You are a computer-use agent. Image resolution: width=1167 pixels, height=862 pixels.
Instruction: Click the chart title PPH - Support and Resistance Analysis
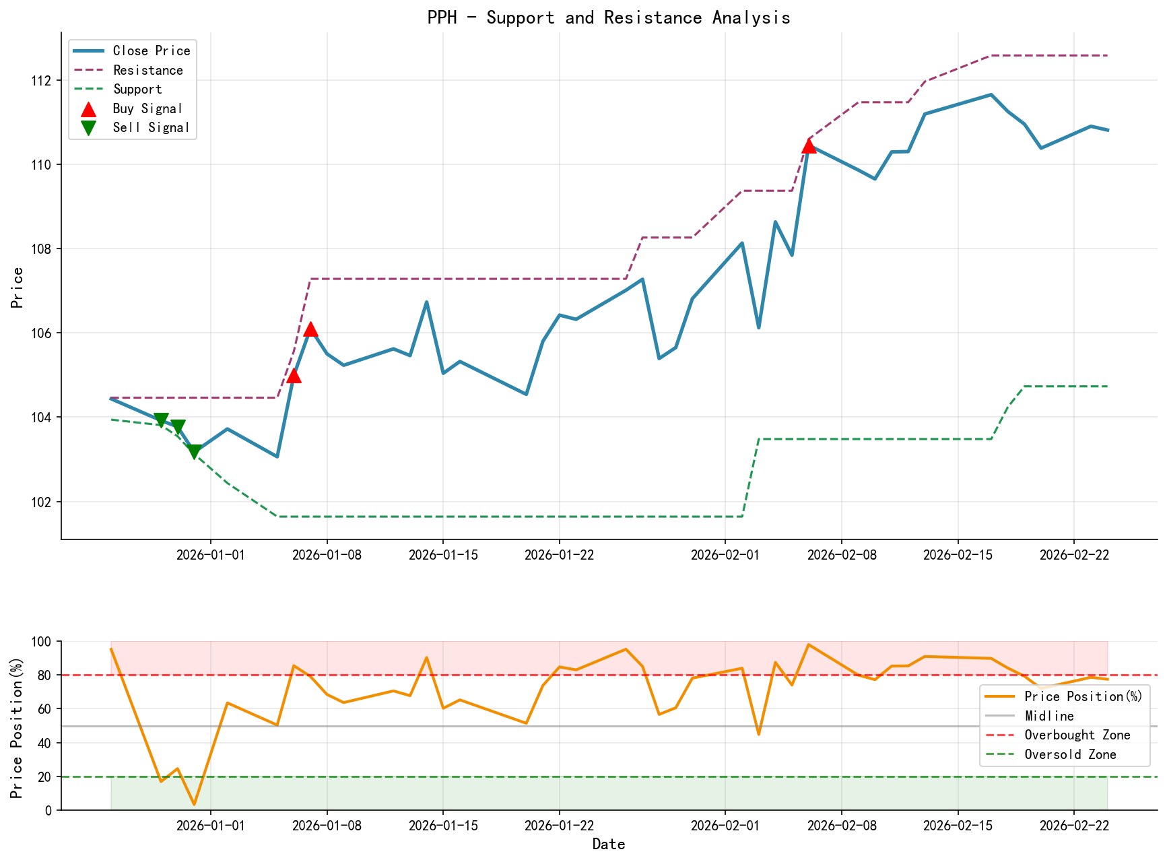609,18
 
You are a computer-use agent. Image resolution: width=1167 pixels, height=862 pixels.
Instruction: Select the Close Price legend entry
152,51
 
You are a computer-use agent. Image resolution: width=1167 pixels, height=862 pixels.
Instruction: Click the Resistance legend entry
147,70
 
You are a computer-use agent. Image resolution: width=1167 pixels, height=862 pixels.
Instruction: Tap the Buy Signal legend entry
147,108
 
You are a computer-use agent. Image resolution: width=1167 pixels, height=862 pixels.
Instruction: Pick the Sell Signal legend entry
151,128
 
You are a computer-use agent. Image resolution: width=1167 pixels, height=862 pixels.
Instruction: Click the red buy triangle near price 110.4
809,145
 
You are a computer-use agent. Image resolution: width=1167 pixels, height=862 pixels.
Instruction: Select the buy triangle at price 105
294,376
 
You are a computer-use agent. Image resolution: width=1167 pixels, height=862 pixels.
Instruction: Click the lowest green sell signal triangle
194,452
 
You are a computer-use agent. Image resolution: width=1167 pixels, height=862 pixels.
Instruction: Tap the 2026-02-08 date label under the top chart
841,554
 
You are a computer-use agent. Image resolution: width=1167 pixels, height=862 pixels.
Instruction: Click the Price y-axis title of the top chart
18,288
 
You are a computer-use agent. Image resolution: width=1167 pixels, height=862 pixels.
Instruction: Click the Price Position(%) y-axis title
18,725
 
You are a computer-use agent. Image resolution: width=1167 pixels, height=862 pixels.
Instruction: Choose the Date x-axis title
609,844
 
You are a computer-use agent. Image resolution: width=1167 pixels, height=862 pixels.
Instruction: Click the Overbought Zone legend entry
1077,735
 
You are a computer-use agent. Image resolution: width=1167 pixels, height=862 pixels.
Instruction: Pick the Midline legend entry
1048,716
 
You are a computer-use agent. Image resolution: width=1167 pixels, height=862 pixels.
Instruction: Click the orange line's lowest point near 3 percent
194,804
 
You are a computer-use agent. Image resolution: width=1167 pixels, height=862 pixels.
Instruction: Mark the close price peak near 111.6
991,95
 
